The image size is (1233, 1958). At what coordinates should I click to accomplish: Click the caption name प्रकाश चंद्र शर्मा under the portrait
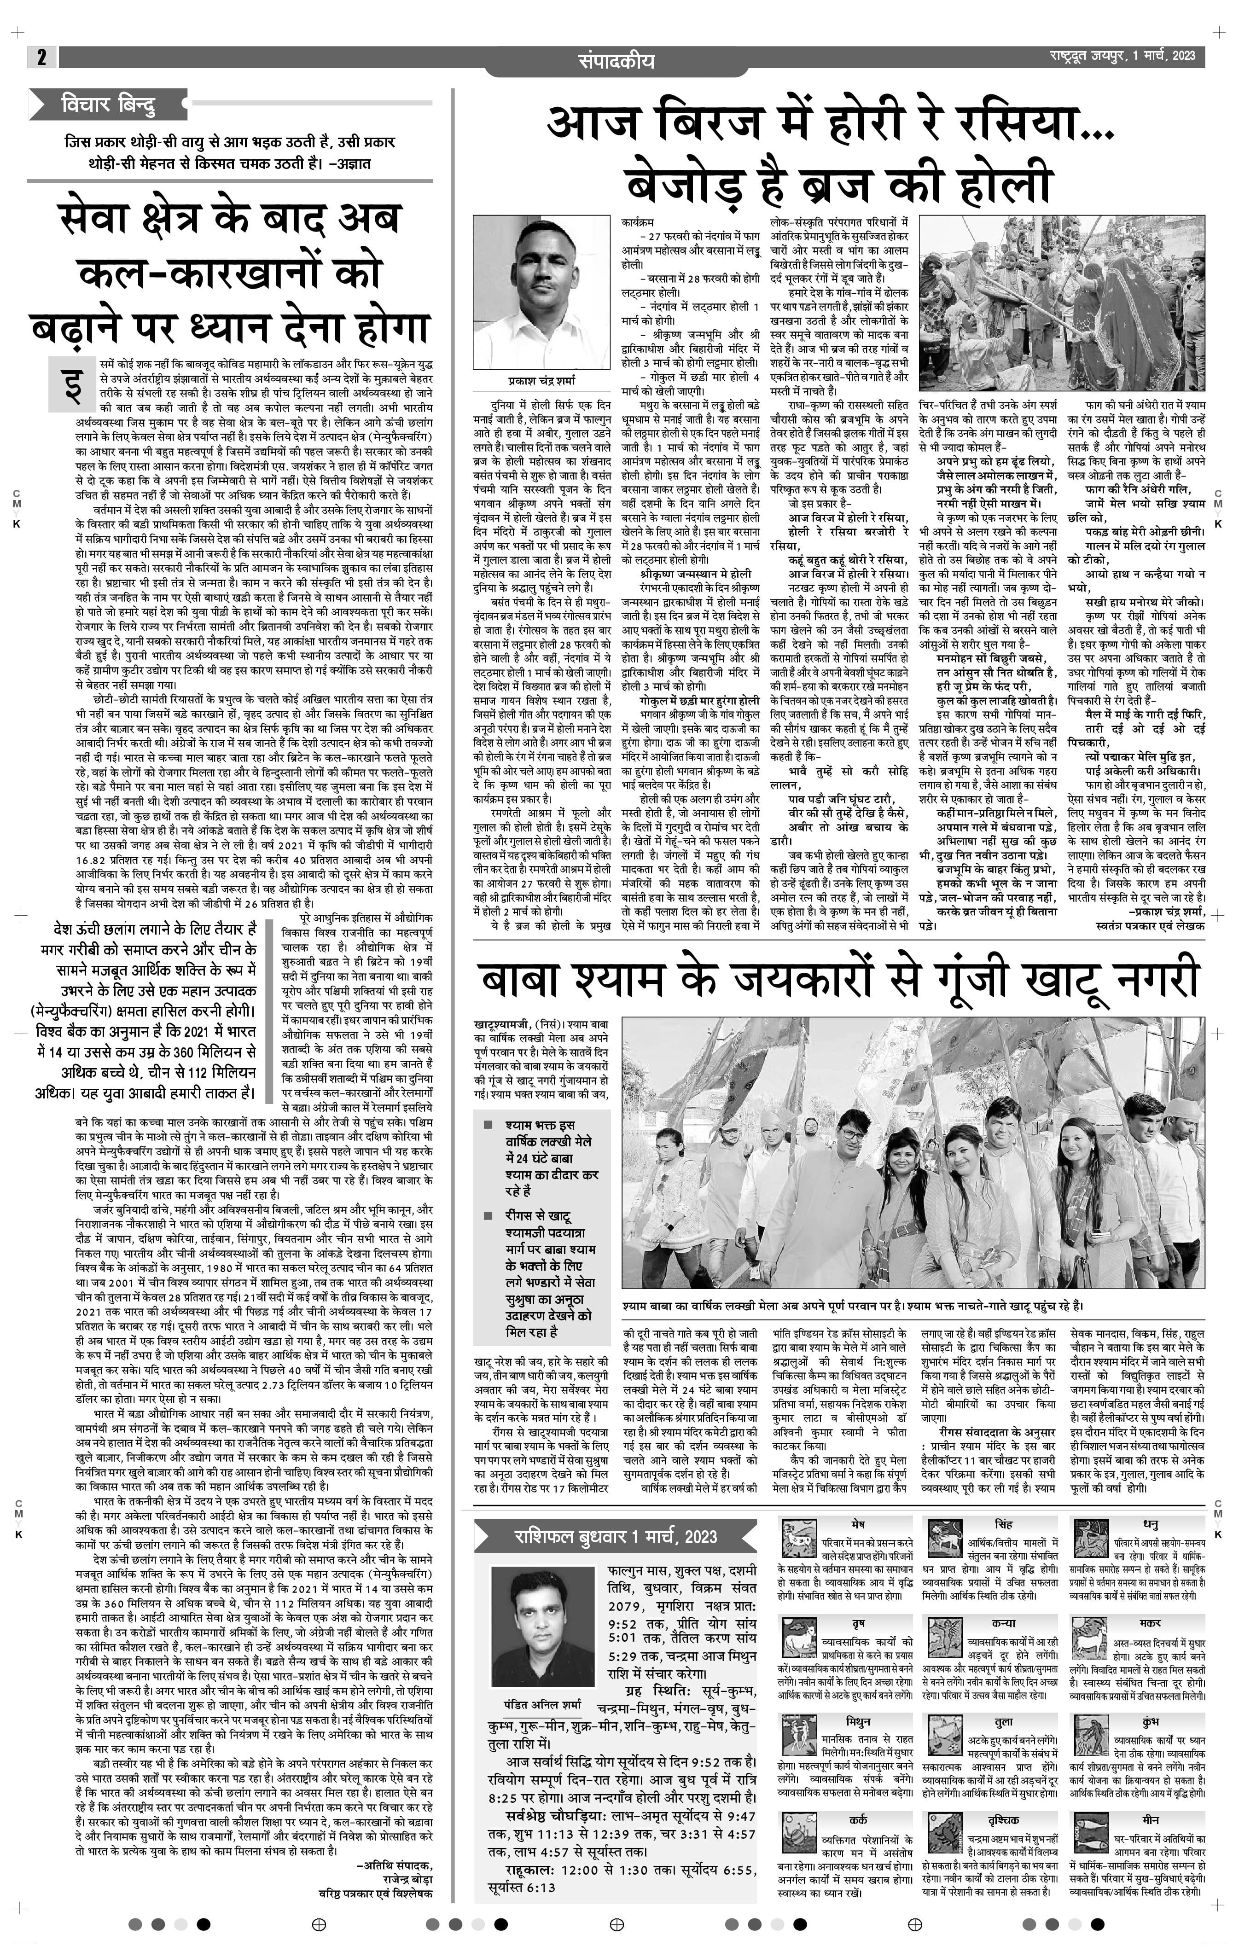pos(541,380)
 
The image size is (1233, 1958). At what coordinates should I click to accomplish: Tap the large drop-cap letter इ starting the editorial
pos(71,384)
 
